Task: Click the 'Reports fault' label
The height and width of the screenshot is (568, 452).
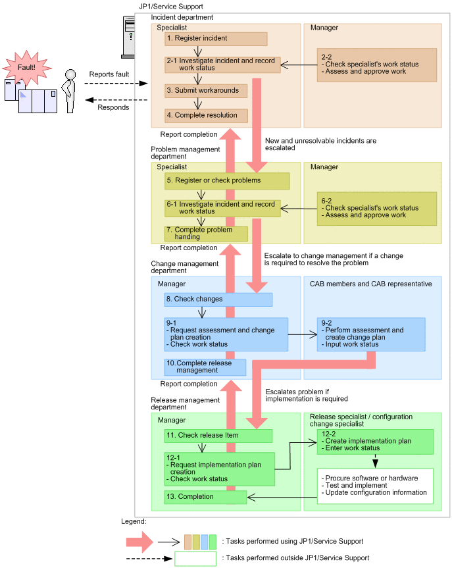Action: point(109,74)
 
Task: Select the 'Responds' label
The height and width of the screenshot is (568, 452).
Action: point(113,107)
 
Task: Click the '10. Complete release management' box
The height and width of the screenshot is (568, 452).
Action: point(205,367)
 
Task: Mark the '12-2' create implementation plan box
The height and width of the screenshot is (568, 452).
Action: point(375,442)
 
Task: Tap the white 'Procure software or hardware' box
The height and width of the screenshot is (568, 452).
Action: point(375,486)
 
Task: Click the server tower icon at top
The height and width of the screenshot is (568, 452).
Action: point(129,36)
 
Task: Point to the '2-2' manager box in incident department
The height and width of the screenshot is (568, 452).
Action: point(376,65)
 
